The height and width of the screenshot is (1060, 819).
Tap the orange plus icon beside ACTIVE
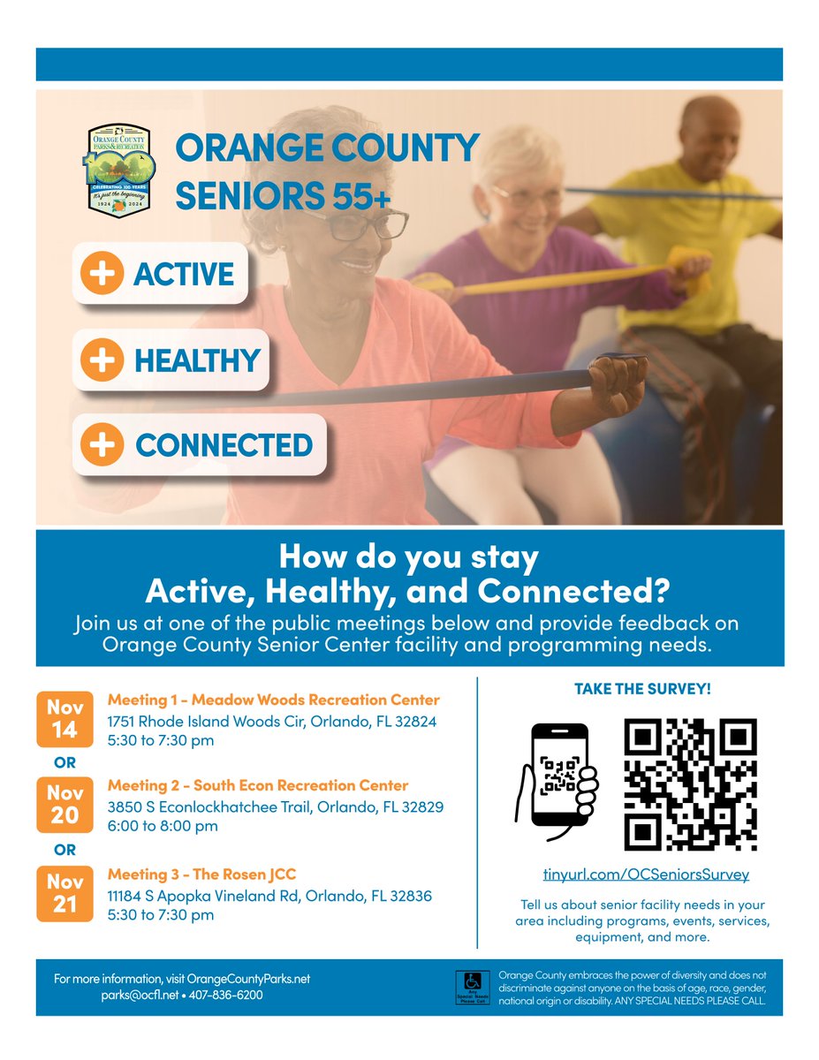point(103,274)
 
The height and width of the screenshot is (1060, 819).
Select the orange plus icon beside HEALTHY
point(103,360)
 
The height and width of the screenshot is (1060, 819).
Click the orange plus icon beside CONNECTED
point(103,444)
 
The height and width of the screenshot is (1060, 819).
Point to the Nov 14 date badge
point(64,719)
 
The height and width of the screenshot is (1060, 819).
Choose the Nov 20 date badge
point(64,804)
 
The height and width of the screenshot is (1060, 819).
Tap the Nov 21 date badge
point(64,894)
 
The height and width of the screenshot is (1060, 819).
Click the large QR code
point(690,784)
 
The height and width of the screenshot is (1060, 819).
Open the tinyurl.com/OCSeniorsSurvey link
point(646,874)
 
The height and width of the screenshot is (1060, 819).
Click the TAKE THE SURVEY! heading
point(642,688)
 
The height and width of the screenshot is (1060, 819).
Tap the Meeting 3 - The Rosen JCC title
point(201,874)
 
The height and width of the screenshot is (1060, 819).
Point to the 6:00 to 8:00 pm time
point(163,826)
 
